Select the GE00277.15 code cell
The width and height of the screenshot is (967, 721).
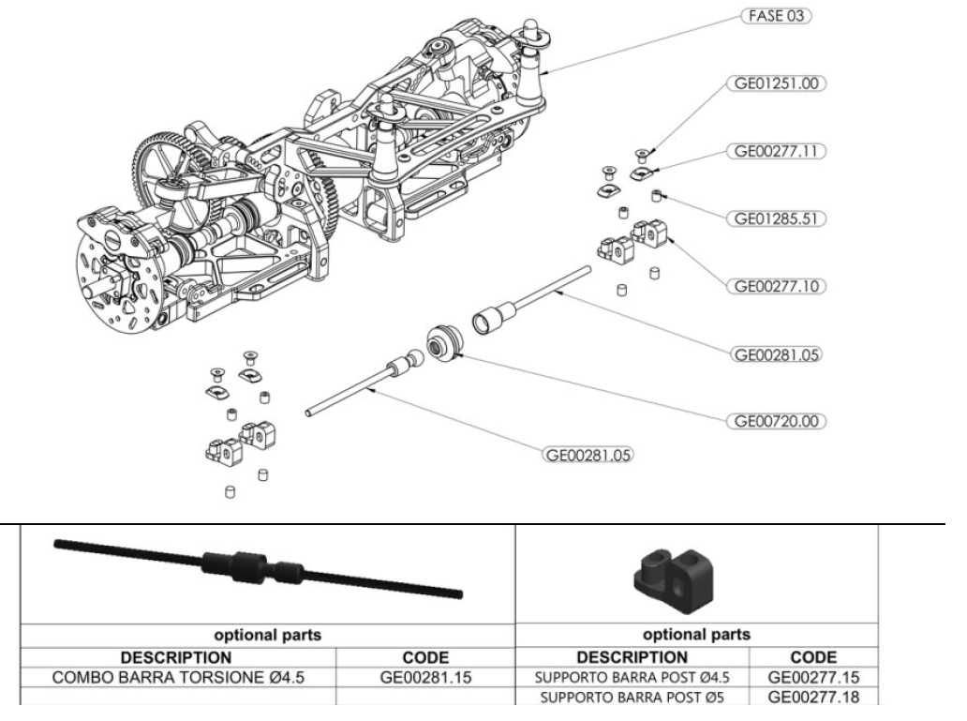coord(813,674)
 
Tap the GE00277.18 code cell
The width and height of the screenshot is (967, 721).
coord(813,696)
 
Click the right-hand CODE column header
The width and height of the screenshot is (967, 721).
coord(813,653)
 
